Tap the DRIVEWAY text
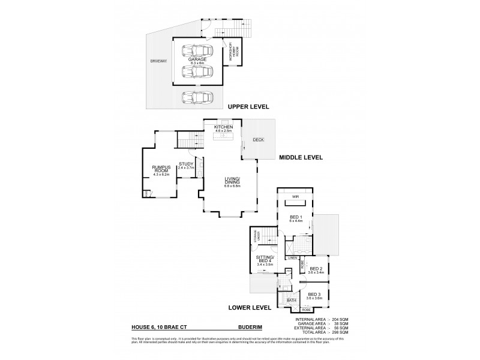(x=159, y=61)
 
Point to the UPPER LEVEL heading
(x=248, y=107)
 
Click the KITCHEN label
(x=224, y=128)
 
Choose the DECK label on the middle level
(x=258, y=140)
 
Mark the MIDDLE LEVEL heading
(x=301, y=158)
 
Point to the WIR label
(x=295, y=196)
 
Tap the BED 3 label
(x=315, y=295)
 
